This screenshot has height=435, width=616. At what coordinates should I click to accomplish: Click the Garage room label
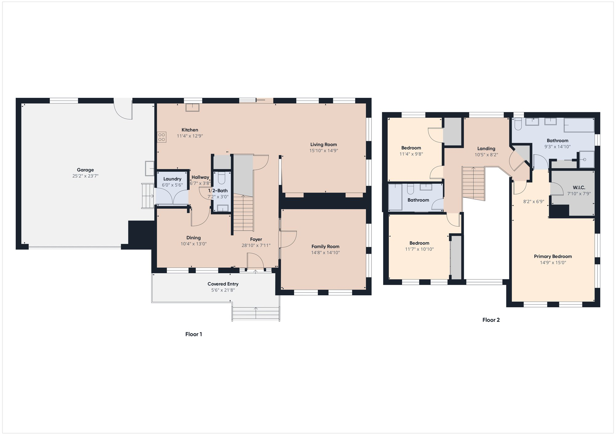pyautogui.click(x=85, y=170)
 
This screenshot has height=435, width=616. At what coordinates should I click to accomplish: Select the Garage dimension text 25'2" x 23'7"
pyautogui.click(x=85, y=176)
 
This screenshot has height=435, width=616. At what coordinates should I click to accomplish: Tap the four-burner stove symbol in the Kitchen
pyautogui.click(x=162, y=137)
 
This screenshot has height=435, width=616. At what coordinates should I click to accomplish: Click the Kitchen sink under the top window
pyautogui.click(x=192, y=107)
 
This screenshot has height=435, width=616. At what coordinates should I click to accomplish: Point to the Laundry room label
pyautogui.click(x=172, y=179)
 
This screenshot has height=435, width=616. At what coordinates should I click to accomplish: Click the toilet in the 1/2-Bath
pyautogui.click(x=221, y=178)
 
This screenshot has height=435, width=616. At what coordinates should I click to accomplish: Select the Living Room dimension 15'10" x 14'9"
pyautogui.click(x=323, y=150)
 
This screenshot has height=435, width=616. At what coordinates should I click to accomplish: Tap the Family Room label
pyautogui.click(x=325, y=246)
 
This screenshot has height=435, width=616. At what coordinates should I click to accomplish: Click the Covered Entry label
pyautogui.click(x=223, y=284)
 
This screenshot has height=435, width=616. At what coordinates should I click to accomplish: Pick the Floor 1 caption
pyautogui.click(x=193, y=334)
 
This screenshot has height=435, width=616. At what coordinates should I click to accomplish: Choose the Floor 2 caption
pyautogui.click(x=491, y=320)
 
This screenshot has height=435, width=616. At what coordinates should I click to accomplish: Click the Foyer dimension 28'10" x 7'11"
pyautogui.click(x=256, y=245)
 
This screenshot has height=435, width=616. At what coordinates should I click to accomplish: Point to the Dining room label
pyautogui.click(x=193, y=237)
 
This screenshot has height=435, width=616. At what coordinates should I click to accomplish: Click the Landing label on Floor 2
pyautogui.click(x=486, y=149)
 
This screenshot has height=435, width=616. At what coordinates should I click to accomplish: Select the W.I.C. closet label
pyautogui.click(x=579, y=187)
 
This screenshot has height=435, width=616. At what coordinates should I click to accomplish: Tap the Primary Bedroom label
pyautogui.click(x=553, y=256)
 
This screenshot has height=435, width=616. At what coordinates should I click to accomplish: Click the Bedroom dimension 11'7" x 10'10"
pyautogui.click(x=419, y=249)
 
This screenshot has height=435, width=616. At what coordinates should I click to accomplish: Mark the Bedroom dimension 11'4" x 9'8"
pyautogui.click(x=411, y=154)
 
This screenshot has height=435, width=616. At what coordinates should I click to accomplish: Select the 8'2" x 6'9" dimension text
pyautogui.click(x=534, y=202)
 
